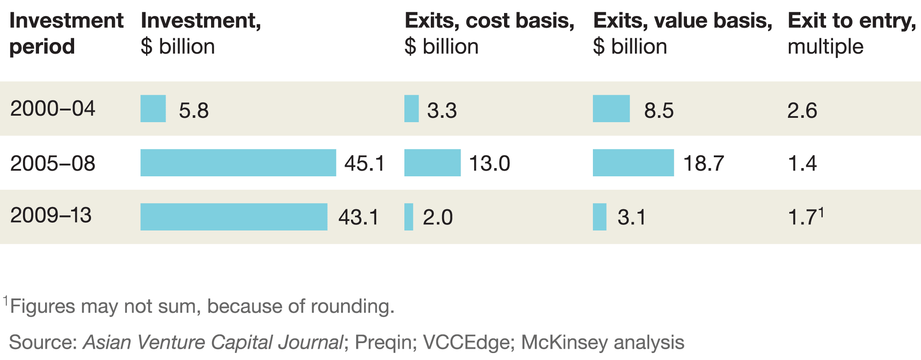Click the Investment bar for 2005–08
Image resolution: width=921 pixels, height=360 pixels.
[x=238, y=163]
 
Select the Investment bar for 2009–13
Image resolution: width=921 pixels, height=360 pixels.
[x=234, y=217]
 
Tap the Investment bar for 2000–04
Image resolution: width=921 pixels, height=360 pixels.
[x=153, y=109]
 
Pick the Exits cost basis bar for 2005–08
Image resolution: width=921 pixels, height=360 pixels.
[x=432, y=163]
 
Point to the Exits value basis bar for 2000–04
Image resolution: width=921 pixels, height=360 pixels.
[x=611, y=109]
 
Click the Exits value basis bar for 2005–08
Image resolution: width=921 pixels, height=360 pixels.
[x=633, y=163]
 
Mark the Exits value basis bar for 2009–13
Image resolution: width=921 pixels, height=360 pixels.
[x=599, y=217]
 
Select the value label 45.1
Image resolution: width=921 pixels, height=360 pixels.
[x=364, y=164]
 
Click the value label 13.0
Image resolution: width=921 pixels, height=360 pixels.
[x=489, y=164]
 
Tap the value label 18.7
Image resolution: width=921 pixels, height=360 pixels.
[x=703, y=164]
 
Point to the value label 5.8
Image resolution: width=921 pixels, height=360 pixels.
[x=194, y=110]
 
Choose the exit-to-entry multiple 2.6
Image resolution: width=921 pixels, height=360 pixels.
[x=802, y=110]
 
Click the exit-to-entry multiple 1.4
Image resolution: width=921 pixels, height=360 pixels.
[x=802, y=164]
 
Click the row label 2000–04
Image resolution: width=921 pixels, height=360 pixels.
[x=52, y=109]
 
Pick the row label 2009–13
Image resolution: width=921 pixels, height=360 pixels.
[x=51, y=216]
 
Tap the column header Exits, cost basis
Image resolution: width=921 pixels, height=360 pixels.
[x=489, y=21]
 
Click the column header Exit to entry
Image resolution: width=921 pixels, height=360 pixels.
[x=852, y=21]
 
